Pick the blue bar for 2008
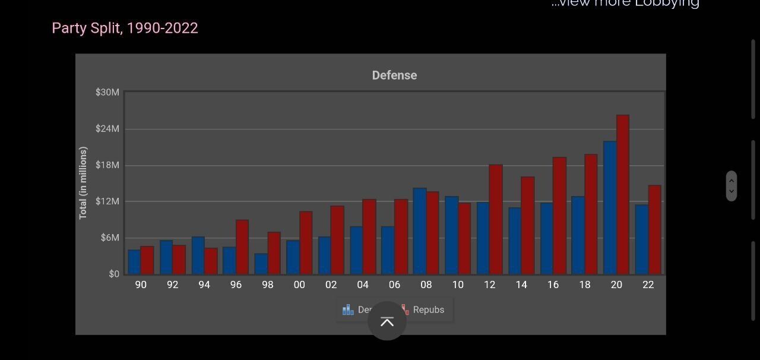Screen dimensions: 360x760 420,231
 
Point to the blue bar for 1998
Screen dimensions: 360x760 261,264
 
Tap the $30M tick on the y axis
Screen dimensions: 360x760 107,92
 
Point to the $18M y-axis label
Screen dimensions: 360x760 107,165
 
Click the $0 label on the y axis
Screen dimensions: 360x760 113,274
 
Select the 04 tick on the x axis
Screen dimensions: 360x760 363,285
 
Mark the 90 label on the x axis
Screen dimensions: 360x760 141,285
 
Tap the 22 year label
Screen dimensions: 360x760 648,285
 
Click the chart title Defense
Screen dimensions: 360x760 394,75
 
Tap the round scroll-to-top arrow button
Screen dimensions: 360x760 387,321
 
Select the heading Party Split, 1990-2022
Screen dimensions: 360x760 125,28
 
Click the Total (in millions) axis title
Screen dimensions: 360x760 83,183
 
